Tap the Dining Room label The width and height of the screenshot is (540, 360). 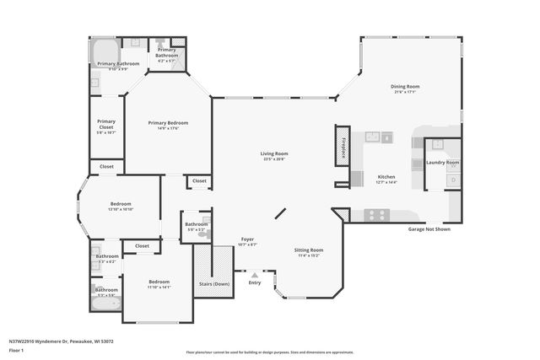(404, 86)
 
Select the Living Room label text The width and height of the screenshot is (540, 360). (274, 153)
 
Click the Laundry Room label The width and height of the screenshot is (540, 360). (442, 162)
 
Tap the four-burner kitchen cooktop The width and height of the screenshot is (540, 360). (376, 216)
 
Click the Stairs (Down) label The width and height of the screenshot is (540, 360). (213, 284)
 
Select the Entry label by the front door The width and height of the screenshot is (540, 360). (255, 282)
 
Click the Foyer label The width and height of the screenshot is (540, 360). (247, 239)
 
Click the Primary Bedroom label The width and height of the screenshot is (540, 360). (168, 122)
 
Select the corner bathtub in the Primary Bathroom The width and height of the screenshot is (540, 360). (105, 49)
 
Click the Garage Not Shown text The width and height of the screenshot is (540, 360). (429, 228)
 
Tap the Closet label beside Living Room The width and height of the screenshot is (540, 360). (199, 180)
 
